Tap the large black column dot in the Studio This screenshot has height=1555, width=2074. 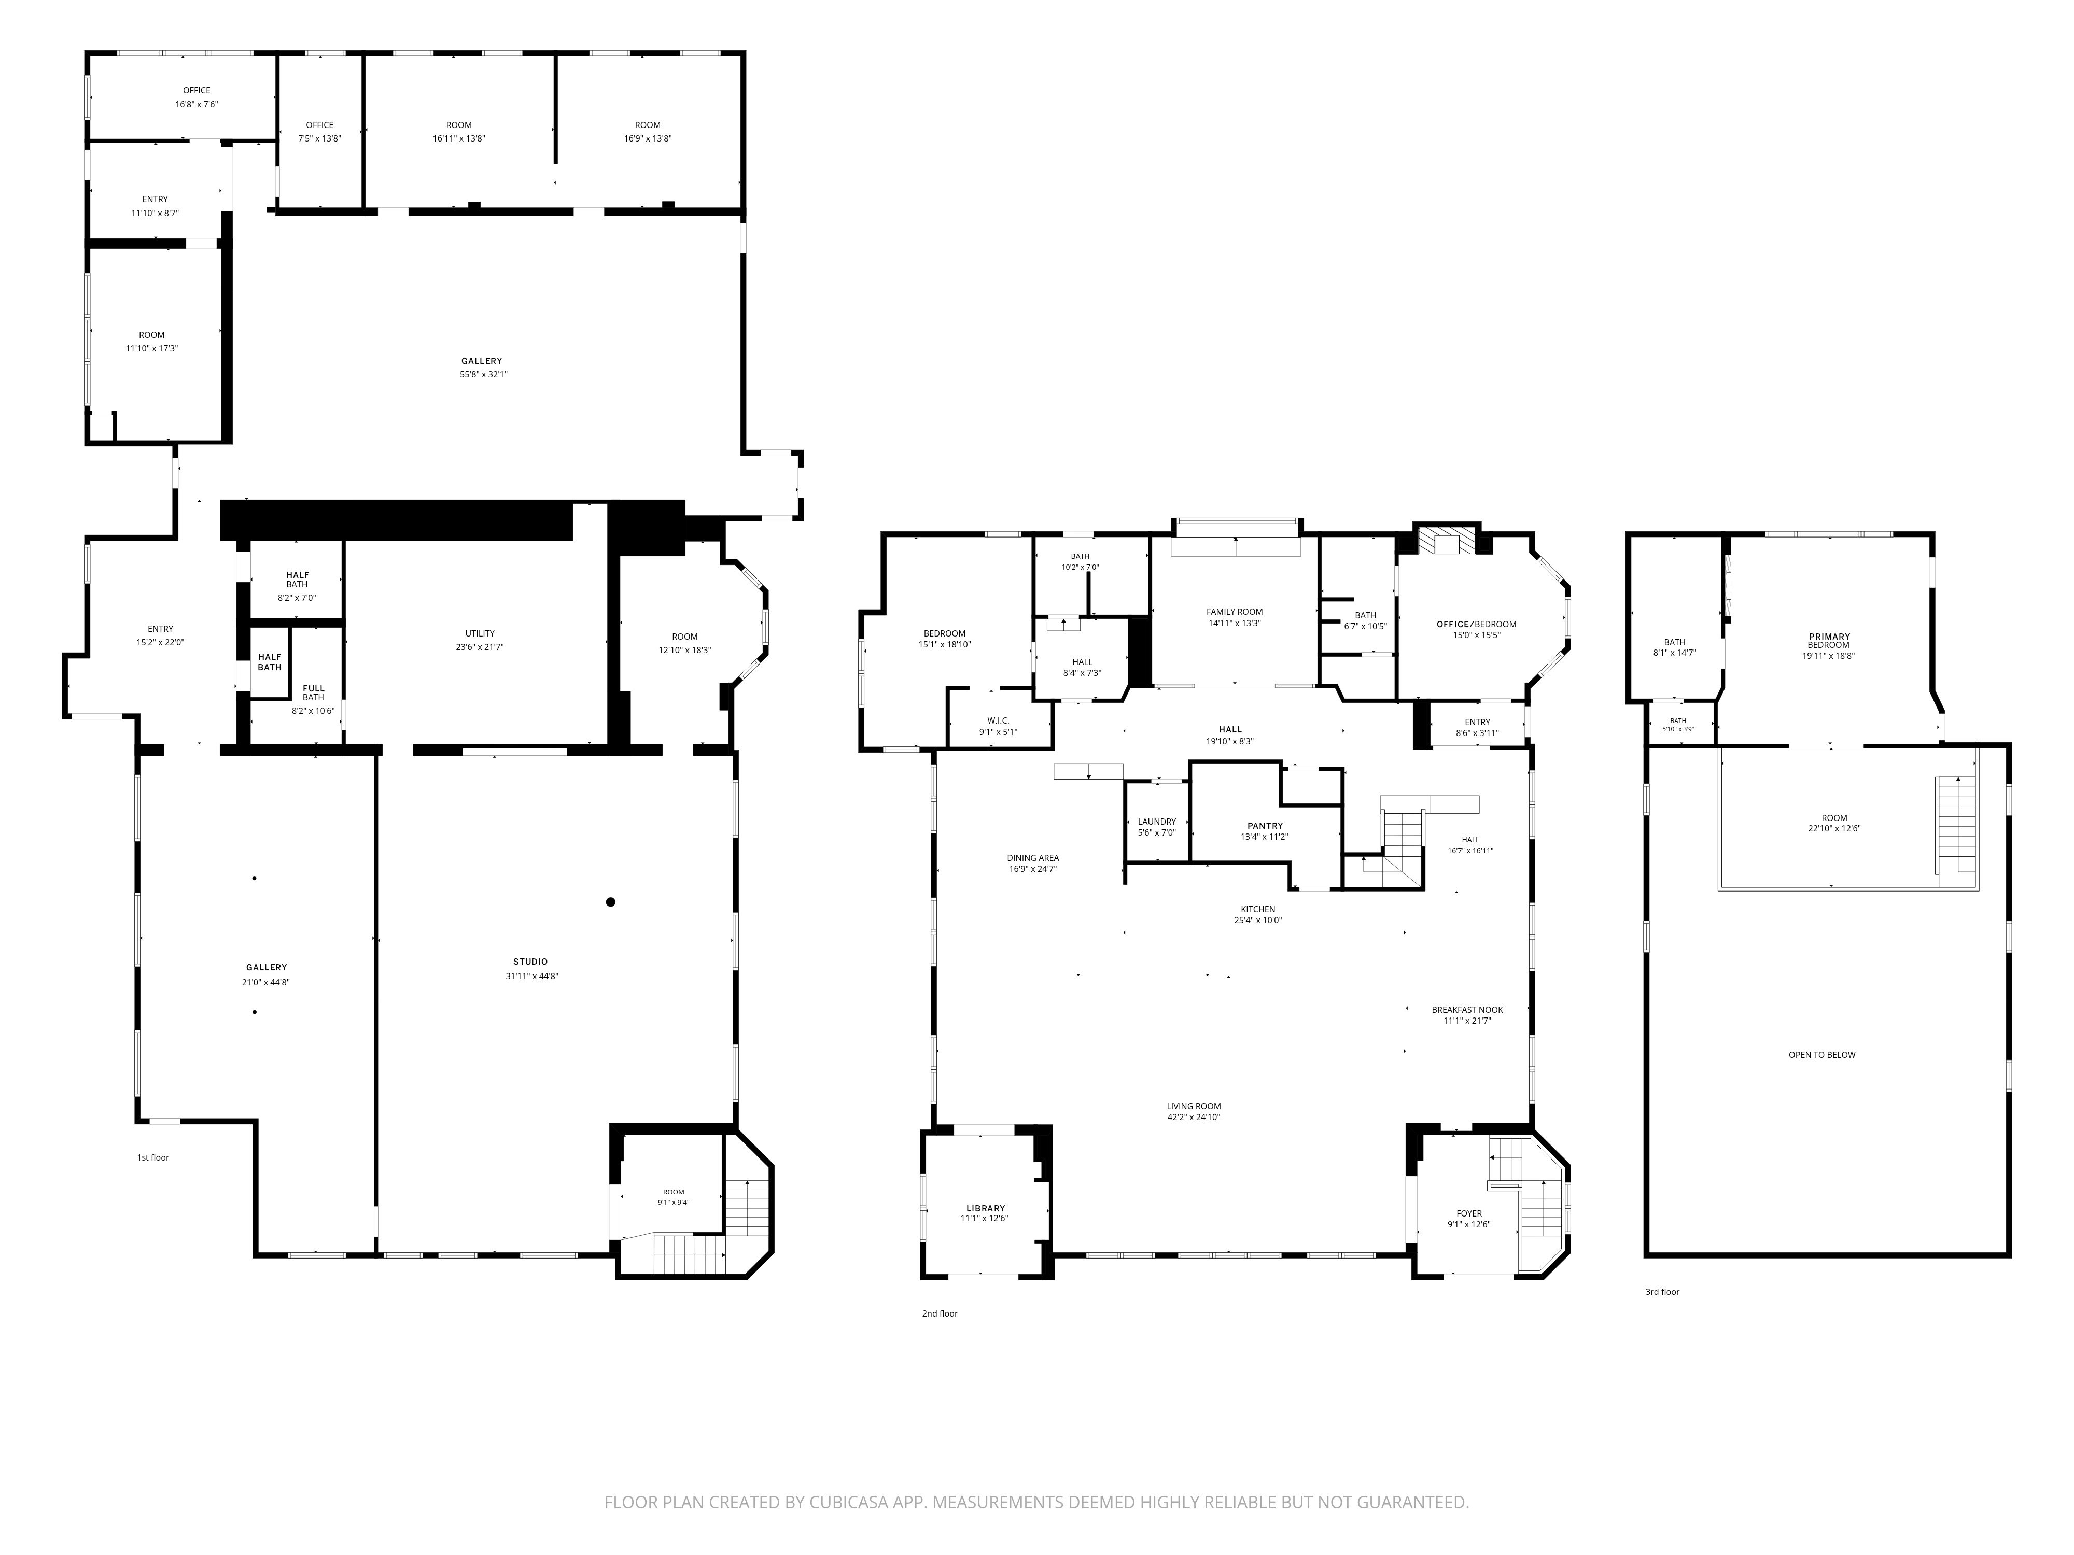coord(610,902)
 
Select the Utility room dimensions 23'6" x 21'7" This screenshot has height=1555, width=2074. coord(480,647)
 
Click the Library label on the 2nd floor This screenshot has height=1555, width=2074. coord(986,1208)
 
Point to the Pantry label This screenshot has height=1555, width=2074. coord(1265,826)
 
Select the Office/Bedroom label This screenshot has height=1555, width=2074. coord(1477,624)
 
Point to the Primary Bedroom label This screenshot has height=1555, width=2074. coord(1829,641)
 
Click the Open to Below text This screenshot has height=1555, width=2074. coord(1822,1054)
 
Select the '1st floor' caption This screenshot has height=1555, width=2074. coord(153,1157)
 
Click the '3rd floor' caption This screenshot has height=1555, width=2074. coord(1662,1292)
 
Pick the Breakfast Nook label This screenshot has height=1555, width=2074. coord(1467,1010)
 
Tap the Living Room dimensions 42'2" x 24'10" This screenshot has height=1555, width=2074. coord(1194,1118)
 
